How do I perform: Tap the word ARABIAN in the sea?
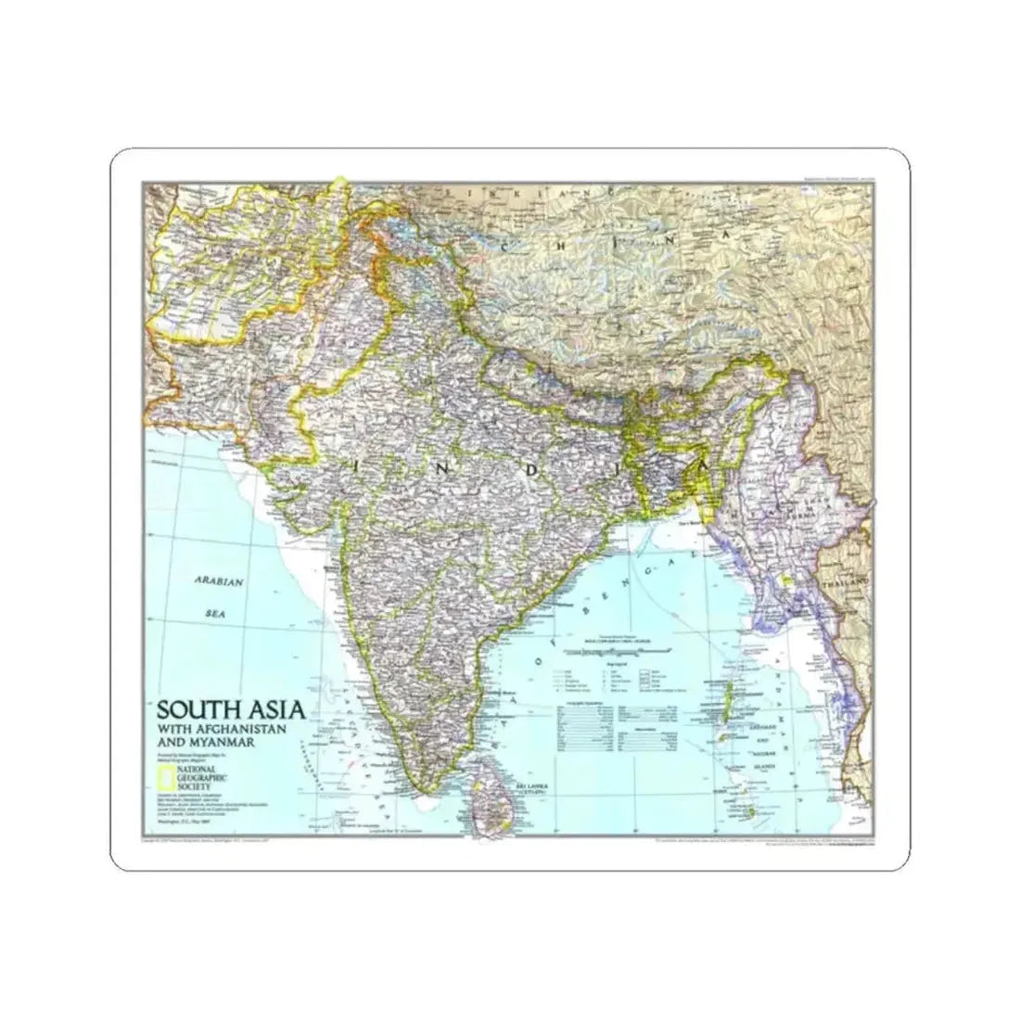click(x=218, y=581)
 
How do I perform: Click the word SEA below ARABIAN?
click(x=216, y=613)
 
